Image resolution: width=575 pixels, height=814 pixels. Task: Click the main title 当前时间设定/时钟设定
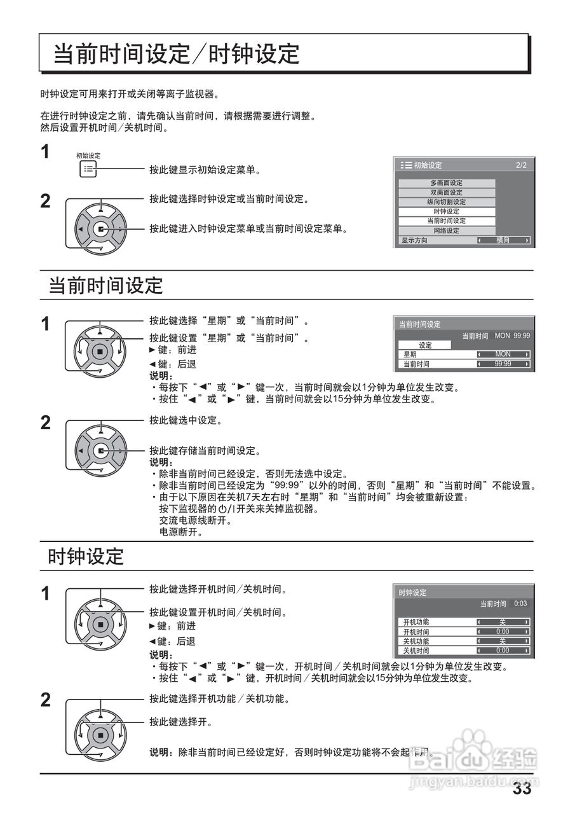point(175,54)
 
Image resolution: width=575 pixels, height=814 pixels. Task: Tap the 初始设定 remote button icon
point(88,170)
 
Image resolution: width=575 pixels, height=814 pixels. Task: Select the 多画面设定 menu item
point(447,183)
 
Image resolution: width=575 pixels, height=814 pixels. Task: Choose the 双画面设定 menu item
point(447,193)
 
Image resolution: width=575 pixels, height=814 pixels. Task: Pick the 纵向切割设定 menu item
point(447,202)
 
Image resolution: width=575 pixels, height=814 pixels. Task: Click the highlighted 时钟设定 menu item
point(447,212)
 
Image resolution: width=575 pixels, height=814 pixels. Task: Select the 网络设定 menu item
point(447,231)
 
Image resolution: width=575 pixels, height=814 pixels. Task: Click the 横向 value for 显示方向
point(503,240)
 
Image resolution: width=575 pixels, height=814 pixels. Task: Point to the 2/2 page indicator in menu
point(521,165)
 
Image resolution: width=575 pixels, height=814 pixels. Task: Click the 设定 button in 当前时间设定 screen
point(425,345)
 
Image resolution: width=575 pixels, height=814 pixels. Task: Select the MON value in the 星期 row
point(503,354)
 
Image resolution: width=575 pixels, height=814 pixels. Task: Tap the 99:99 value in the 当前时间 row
point(503,364)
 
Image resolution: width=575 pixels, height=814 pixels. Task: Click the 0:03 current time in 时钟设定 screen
point(520,604)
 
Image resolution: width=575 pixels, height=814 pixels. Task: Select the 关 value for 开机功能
point(503,622)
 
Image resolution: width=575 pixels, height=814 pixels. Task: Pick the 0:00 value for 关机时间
point(503,651)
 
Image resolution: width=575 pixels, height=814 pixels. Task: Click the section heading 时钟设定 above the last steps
point(86,556)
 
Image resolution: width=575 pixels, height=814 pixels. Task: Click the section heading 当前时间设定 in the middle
point(106,286)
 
